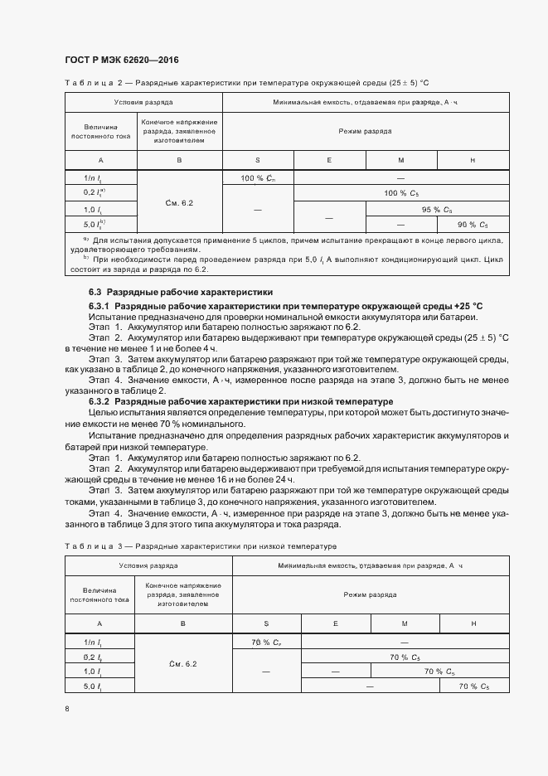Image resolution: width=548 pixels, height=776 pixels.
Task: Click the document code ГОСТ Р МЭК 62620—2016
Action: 121,61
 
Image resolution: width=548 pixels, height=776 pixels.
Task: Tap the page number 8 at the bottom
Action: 67,709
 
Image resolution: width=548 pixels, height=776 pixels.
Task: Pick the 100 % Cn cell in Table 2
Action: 258,178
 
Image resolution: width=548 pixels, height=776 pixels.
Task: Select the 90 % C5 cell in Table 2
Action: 473,224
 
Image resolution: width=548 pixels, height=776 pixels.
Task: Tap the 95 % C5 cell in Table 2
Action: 437,209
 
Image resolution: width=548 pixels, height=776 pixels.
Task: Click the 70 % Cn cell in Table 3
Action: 266,642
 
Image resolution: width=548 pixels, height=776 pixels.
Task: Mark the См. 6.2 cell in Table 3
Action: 182,664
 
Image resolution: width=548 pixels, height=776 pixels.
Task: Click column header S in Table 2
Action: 258,159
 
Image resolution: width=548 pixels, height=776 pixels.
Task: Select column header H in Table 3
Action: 473,623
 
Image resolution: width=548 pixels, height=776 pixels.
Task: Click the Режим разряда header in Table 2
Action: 365,131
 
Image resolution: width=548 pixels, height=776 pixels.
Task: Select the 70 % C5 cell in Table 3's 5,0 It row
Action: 473,686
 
